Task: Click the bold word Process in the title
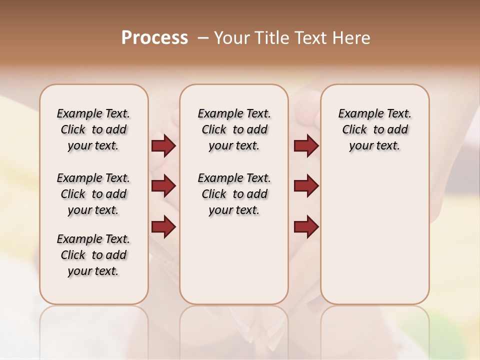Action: click(154, 38)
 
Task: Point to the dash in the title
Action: click(203, 38)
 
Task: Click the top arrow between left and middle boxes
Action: click(163, 145)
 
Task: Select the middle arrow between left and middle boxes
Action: click(163, 186)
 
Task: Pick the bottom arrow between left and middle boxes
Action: click(163, 227)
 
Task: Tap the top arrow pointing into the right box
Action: click(306, 145)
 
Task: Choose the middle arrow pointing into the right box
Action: click(306, 186)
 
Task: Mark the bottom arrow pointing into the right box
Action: click(306, 227)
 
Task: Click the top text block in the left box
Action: click(93, 129)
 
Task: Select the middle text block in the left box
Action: click(93, 194)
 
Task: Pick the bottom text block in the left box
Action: click(93, 255)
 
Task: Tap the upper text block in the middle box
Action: click(234, 129)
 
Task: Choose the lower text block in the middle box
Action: click(234, 194)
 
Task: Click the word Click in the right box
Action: click(354, 129)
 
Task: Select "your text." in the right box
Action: click(374, 145)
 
